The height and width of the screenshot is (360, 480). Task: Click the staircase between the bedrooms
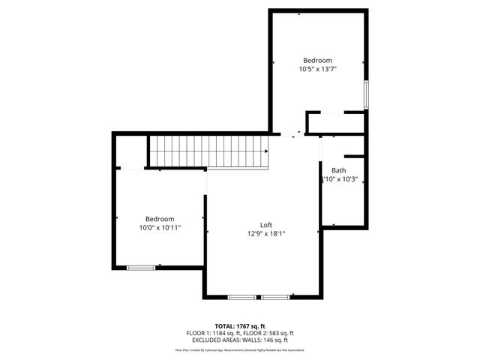(208, 151)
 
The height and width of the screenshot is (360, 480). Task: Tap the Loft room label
(265, 225)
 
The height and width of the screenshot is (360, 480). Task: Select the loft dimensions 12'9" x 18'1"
(265, 234)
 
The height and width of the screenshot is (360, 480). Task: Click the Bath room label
(339, 170)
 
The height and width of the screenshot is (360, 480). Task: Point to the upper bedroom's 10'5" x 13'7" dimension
(316, 69)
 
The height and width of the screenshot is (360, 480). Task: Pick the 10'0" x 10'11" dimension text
(160, 227)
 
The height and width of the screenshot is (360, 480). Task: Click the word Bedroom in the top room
(316, 60)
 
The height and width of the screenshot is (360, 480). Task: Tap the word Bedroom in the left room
(160, 218)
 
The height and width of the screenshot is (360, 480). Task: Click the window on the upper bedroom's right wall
(367, 94)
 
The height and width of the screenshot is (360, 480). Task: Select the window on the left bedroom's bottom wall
(141, 267)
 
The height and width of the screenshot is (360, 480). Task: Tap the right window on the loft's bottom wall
(275, 298)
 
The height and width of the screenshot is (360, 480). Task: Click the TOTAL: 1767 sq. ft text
(240, 326)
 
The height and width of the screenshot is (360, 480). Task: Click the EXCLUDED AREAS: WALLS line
(240, 340)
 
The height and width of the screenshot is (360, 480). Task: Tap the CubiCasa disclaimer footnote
(240, 349)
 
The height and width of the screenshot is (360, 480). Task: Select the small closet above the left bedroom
(129, 152)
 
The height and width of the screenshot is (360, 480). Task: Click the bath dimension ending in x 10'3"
(339, 179)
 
